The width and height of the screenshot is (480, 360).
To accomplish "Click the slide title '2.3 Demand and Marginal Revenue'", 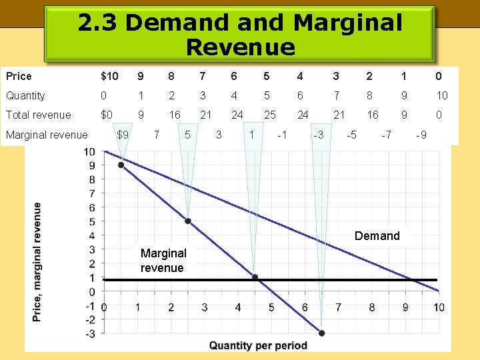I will click(240, 35).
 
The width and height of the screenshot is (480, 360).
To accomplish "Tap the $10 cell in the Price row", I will click(109, 76).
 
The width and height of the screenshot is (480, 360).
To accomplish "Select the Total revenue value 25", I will click(269, 115).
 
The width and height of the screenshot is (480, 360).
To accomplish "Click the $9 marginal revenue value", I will click(123, 135).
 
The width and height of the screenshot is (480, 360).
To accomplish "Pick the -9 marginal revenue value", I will click(421, 135).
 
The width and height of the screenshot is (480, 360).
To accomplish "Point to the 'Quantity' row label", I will click(25, 96).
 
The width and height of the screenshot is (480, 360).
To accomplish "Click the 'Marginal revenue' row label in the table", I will click(47, 135).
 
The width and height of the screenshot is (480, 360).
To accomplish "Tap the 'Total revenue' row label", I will click(39, 115).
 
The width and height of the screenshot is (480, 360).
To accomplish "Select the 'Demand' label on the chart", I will click(377, 236).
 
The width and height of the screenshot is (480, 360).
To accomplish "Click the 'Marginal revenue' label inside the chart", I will click(163, 261).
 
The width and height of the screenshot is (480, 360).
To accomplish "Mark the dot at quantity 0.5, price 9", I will click(121, 165).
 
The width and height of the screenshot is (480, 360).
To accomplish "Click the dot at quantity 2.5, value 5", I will click(188, 221).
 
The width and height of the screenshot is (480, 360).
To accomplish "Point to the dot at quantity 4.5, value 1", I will click(255, 277).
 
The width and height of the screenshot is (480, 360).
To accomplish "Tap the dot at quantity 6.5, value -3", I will click(321, 333).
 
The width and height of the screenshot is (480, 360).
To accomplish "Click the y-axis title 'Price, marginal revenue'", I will click(39, 261).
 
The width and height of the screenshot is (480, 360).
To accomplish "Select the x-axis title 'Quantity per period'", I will click(258, 345).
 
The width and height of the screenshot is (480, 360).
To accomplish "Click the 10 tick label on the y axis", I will click(89, 151).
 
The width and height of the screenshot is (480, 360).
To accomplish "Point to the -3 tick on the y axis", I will click(90, 333).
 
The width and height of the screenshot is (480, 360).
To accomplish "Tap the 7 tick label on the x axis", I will click(338, 307).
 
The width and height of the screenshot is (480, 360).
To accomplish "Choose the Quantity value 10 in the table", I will click(442, 96).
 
